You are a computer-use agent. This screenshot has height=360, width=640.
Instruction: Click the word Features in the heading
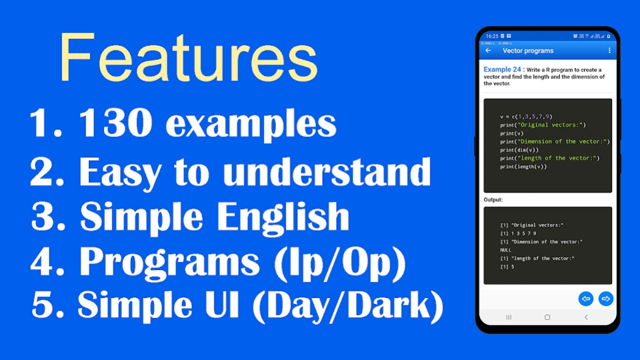(188, 58)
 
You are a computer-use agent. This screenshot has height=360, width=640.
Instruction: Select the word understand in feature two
(327, 172)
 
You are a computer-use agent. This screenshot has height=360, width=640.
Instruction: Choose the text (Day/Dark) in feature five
(347, 306)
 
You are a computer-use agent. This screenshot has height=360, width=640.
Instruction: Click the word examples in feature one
(251, 125)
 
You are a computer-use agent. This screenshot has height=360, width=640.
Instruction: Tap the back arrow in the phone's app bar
(488, 51)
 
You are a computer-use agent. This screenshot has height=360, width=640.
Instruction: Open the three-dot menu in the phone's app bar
(609, 51)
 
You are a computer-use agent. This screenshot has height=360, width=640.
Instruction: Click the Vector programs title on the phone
(528, 51)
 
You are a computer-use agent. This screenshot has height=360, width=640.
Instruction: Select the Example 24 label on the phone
(502, 70)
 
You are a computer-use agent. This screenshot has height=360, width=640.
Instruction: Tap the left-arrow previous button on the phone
(586, 298)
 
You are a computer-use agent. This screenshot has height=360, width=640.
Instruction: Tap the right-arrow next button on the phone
(605, 298)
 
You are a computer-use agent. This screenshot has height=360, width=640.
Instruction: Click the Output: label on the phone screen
(493, 200)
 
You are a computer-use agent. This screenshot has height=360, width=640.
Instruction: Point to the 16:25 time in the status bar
(492, 36)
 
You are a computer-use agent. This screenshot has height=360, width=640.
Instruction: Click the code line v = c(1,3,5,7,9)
(526, 116)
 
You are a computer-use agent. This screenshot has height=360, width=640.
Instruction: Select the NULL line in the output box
(506, 250)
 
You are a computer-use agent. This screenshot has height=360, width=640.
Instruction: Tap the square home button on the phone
(547, 317)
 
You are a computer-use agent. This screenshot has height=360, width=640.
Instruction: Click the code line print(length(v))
(524, 166)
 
